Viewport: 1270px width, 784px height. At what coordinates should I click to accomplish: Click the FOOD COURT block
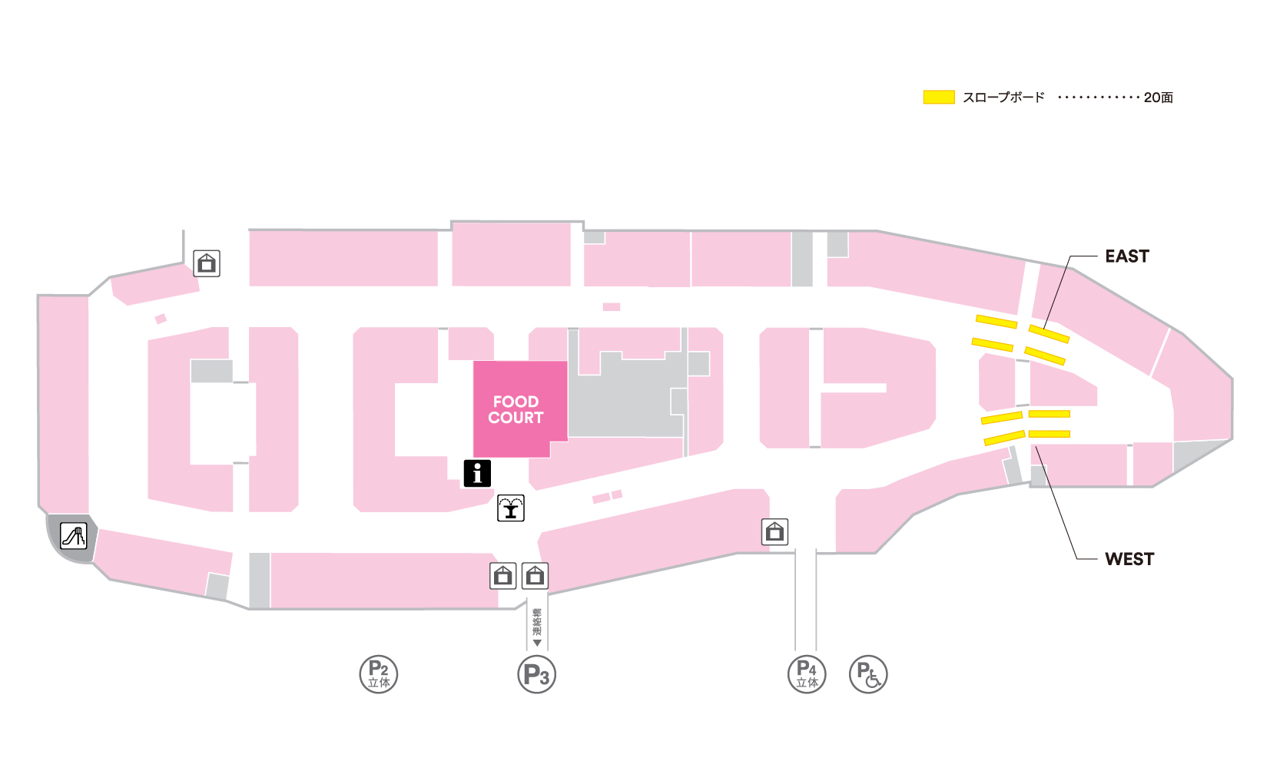(x=516, y=409)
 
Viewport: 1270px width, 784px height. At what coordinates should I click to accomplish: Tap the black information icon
(x=477, y=473)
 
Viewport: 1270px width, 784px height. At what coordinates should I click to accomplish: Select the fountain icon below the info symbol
(x=511, y=508)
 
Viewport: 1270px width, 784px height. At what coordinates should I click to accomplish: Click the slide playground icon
(x=74, y=535)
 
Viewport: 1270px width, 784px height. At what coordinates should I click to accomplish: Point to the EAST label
(x=1126, y=256)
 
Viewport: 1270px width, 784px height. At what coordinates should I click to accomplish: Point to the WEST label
(x=1129, y=559)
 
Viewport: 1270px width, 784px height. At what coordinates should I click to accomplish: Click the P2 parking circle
(x=379, y=674)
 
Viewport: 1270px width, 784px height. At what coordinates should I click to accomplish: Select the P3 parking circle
(x=536, y=674)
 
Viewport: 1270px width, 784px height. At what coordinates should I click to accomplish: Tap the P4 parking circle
(x=807, y=674)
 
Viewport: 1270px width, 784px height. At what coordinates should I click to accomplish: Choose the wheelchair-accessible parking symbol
(x=868, y=674)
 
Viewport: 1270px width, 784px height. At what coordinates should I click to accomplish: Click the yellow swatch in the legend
(x=938, y=97)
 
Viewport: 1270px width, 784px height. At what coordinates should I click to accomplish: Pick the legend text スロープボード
(x=1003, y=98)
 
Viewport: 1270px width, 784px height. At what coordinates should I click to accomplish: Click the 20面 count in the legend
(x=1158, y=98)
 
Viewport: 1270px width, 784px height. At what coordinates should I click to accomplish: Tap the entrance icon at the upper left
(x=207, y=263)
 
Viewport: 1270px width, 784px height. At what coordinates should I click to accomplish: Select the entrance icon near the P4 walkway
(x=774, y=531)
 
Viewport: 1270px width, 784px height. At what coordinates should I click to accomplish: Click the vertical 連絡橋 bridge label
(x=537, y=621)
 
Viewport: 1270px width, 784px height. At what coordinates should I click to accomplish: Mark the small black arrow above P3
(x=537, y=643)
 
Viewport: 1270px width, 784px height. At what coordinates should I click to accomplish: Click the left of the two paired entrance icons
(x=503, y=575)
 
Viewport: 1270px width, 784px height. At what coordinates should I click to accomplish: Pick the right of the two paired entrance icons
(x=535, y=575)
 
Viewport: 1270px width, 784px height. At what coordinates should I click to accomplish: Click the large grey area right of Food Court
(x=626, y=399)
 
